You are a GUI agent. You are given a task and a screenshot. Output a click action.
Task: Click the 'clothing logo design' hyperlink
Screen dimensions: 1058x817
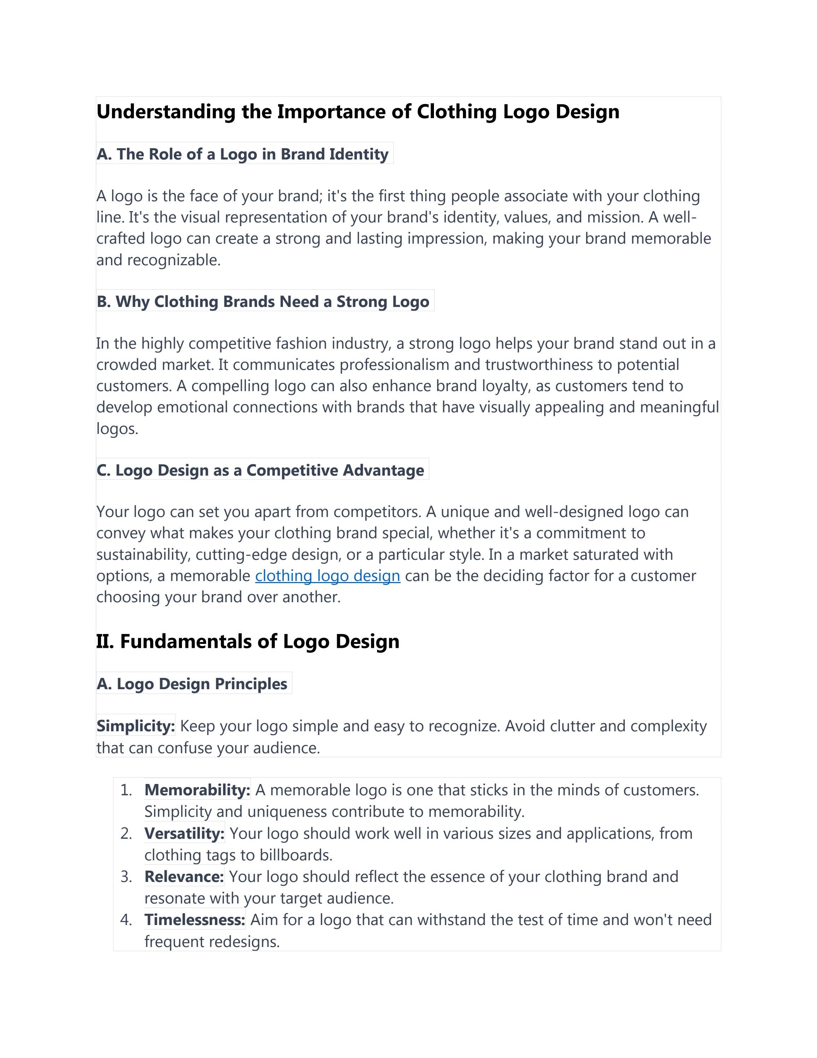pos(327,576)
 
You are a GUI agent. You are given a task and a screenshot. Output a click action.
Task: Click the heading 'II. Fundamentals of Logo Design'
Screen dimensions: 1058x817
pos(247,641)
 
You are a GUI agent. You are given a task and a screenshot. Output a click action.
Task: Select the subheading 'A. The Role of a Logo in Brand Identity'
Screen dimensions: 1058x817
pos(242,154)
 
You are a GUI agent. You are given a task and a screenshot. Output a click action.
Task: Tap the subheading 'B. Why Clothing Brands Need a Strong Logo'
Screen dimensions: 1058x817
pos(263,301)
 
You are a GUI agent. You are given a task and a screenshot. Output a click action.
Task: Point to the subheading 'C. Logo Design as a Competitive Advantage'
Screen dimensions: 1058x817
pos(260,470)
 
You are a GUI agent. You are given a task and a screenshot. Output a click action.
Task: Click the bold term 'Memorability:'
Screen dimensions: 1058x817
pos(197,790)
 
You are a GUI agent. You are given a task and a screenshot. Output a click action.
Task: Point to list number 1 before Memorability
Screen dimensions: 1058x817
pos(126,790)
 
